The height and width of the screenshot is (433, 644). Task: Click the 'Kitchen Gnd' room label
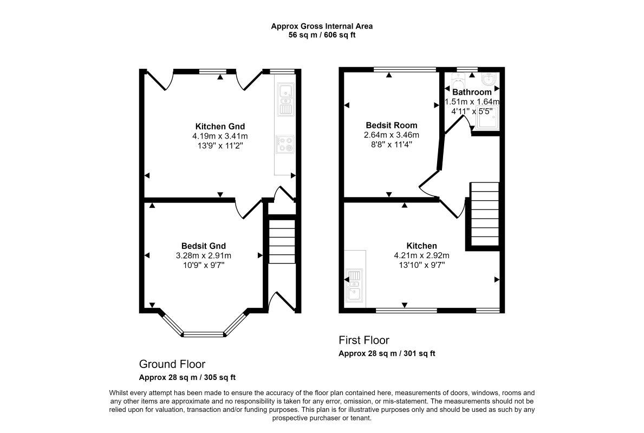pyautogui.click(x=220, y=127)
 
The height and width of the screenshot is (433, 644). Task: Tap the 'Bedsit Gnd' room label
pyautogui.click(x=203, y=246)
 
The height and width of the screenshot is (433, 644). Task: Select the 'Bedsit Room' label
pyautogui.click(x=392, y=125)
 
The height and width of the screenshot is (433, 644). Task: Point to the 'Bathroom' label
pyautogui.click(x=472, y=92)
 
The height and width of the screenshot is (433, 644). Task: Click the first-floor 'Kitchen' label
pyautogui.click(x=421, y=246)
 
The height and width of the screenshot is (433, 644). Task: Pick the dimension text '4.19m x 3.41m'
pyautogui.click(x=220, y=136)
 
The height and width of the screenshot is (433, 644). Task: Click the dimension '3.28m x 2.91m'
pyautogui.click(x=203, y=255)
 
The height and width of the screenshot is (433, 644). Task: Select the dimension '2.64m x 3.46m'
pyautogui.click(x=392, y=135)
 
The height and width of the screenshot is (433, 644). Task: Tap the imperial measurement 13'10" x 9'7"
pyautogui.click(x=421, y=265)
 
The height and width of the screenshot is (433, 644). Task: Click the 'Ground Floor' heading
pyautogui.click(x=172, y=364)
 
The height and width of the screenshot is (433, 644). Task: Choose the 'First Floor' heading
pyautogui.click(x=364, y=340)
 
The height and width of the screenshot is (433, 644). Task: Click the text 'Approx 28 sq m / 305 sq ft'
pyautogui.click(x=187, y=377)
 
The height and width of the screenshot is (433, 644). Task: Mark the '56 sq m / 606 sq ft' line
pyautogui.click(x=322, y=35)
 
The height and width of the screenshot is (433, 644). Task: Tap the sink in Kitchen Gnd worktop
pyautogui.click(x=285, y=100)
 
